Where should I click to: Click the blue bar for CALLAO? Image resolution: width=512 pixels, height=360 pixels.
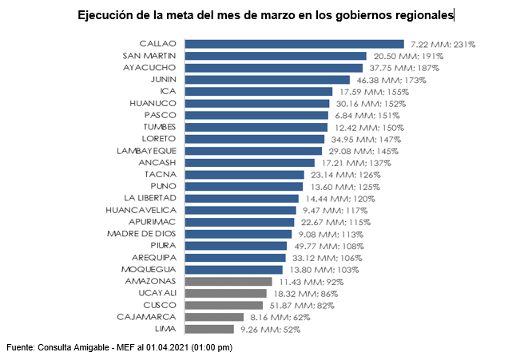[x=294, y=45]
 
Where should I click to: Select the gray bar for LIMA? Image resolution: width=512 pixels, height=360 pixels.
[x=209, y=329]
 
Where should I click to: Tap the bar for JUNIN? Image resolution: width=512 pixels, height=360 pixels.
[x=267, y=80]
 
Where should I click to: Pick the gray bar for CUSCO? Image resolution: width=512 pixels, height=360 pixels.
[x=224, y=305]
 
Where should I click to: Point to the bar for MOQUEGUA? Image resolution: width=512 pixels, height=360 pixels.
[x=233, y=270]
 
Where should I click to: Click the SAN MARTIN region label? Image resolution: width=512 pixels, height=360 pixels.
[x=150, y=56]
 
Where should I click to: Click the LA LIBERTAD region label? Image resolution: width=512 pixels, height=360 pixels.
[x=151, y=198]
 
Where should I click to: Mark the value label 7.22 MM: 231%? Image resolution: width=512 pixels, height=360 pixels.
[x=443, y=45]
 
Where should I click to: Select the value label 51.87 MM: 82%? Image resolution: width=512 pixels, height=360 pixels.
[x=300, y=305]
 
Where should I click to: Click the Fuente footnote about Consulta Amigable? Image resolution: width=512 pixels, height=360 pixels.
[x=119, y=348]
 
